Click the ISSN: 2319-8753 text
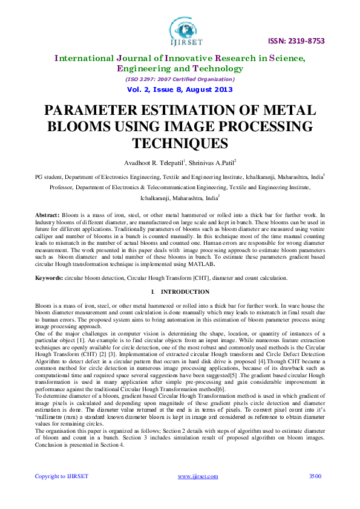[x=296, y=41]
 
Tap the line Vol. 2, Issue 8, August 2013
[x=180, y=89]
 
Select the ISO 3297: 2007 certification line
[x=180, y=79]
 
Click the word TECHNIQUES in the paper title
[x=180, y=143]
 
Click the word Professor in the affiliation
[x=62, y=187]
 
